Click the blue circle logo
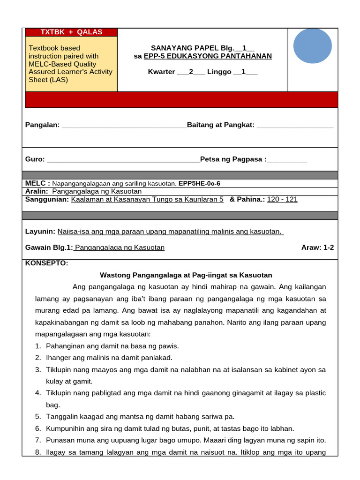click(x=312, y=46)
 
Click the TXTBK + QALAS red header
click(x=71, y=32)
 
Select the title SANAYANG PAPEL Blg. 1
click(x=202, y=48)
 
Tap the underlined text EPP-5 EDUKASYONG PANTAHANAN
click(x=208, y=56)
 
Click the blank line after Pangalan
click(x=124, y=125)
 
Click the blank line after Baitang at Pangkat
click(x=295, y=125)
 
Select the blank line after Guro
click(x=124, y=159)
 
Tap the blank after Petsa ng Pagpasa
click(x=287, y=159)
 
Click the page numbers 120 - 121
click(x=282, y=199)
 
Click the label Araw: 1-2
click(x=317, y=247)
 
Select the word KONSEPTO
click(x=46, y=263)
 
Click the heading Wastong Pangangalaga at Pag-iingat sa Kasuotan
click(x=186, y=275)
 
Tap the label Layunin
click(x=40, y=232)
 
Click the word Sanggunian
click(x=46, y=199)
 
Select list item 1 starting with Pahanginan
click(x=112, y=346)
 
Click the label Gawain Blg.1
click(x=49, y=247)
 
